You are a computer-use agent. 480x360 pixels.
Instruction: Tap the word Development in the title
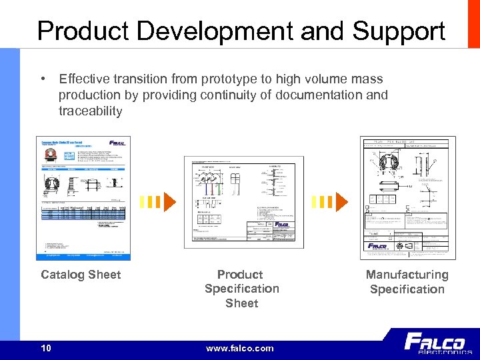(219, 31)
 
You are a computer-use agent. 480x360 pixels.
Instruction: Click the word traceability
(91, 111)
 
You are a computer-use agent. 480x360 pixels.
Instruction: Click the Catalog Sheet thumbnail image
(83, 198)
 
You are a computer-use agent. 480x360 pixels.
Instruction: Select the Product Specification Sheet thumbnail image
(243, 203)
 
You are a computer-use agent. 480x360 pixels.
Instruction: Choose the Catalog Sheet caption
(81, 275)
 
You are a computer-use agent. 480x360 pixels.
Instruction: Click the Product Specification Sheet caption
(241, 289)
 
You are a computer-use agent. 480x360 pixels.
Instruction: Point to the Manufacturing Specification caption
(407, 282)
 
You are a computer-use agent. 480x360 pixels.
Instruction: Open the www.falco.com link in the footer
(240, 348)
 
